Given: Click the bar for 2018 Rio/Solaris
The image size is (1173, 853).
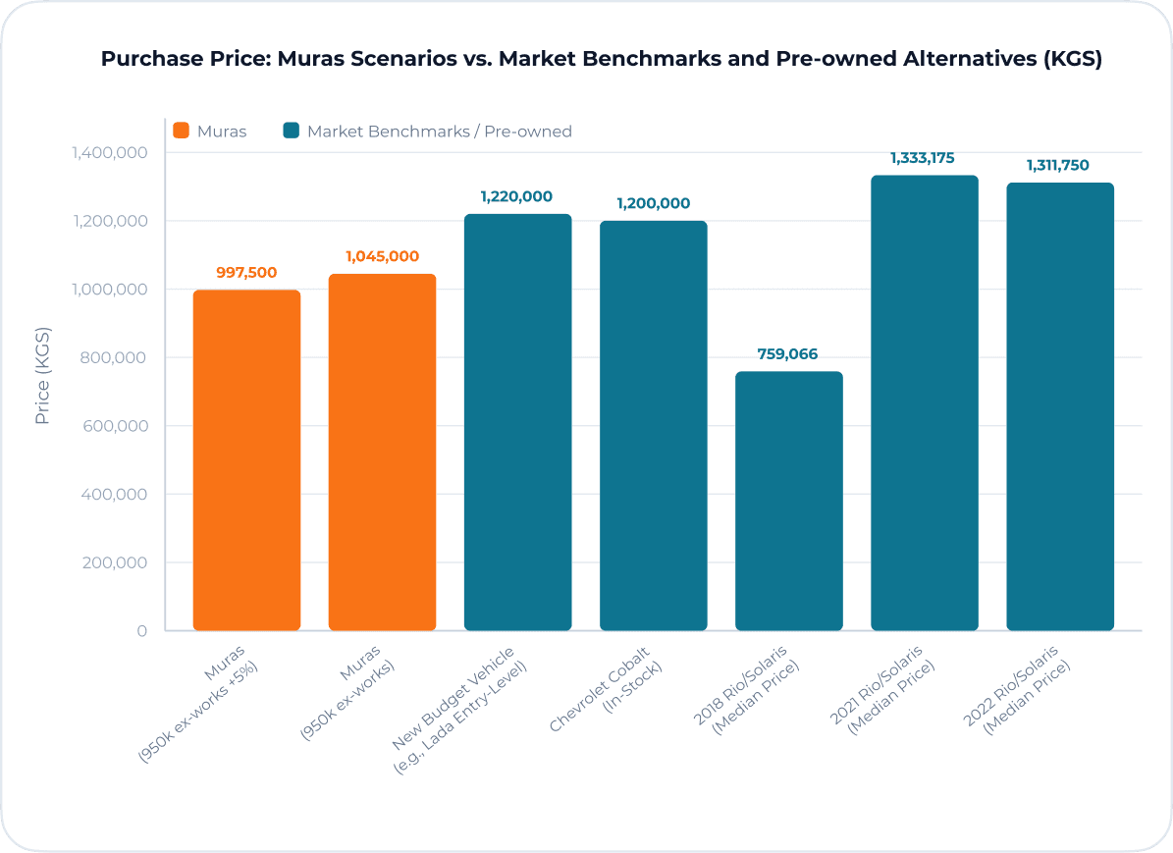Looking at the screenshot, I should [788, 501].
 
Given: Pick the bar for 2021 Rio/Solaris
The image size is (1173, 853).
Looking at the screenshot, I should [924, 402].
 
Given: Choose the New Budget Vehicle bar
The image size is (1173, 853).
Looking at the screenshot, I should [517, 422].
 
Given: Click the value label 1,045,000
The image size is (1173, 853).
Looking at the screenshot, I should [382, 256].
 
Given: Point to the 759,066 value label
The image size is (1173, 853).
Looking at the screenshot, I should [787, 354].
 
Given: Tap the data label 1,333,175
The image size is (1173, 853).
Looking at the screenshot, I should [923, 158].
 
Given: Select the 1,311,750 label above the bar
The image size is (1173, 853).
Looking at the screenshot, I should [1058, 165].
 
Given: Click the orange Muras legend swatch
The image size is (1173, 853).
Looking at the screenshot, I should [181, 131].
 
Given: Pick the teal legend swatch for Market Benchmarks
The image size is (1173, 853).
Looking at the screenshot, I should [291, 131].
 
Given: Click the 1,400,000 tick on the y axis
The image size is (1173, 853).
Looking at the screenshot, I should [108, 153].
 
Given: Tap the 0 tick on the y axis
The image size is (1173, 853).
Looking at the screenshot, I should [142, 631].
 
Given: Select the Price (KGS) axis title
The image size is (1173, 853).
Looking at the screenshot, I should [42, 376].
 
